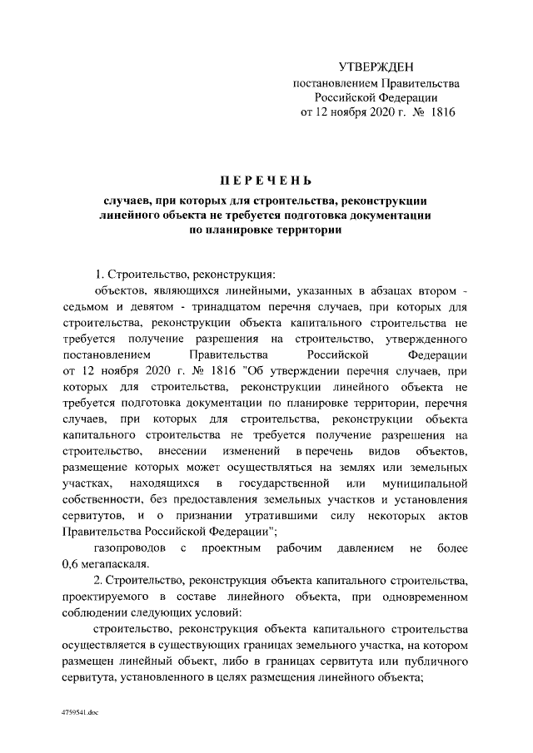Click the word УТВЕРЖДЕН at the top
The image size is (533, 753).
coord(376,67)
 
